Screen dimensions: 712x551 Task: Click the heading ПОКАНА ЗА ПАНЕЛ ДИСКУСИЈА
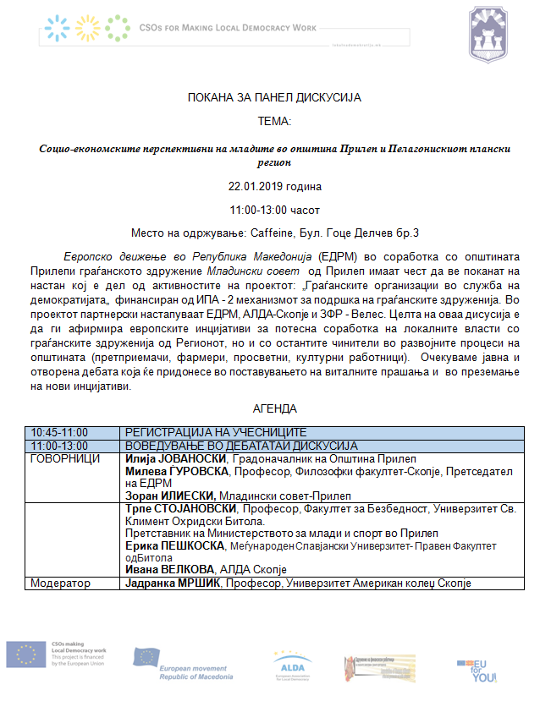click(274, 98)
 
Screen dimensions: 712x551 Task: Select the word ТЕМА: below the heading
click(274, 122)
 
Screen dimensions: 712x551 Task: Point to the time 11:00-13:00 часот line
click(275, 209)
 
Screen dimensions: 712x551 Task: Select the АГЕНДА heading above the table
click(275, 408)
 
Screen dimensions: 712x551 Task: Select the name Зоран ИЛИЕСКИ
click(170, 496)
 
